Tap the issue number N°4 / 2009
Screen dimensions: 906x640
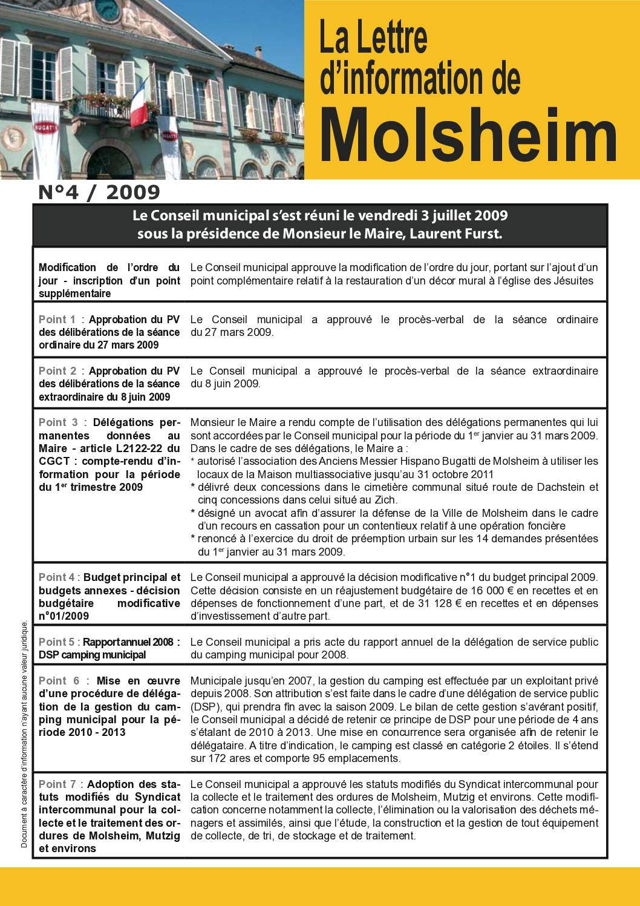click(x=99, y=192)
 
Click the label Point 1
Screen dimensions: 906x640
click(x=57, y=319)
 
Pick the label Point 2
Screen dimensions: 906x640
click(x=57, y=370)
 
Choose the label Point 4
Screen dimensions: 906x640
click(x=57, y=577)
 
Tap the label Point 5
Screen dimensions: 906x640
click(x=57, y=642)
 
